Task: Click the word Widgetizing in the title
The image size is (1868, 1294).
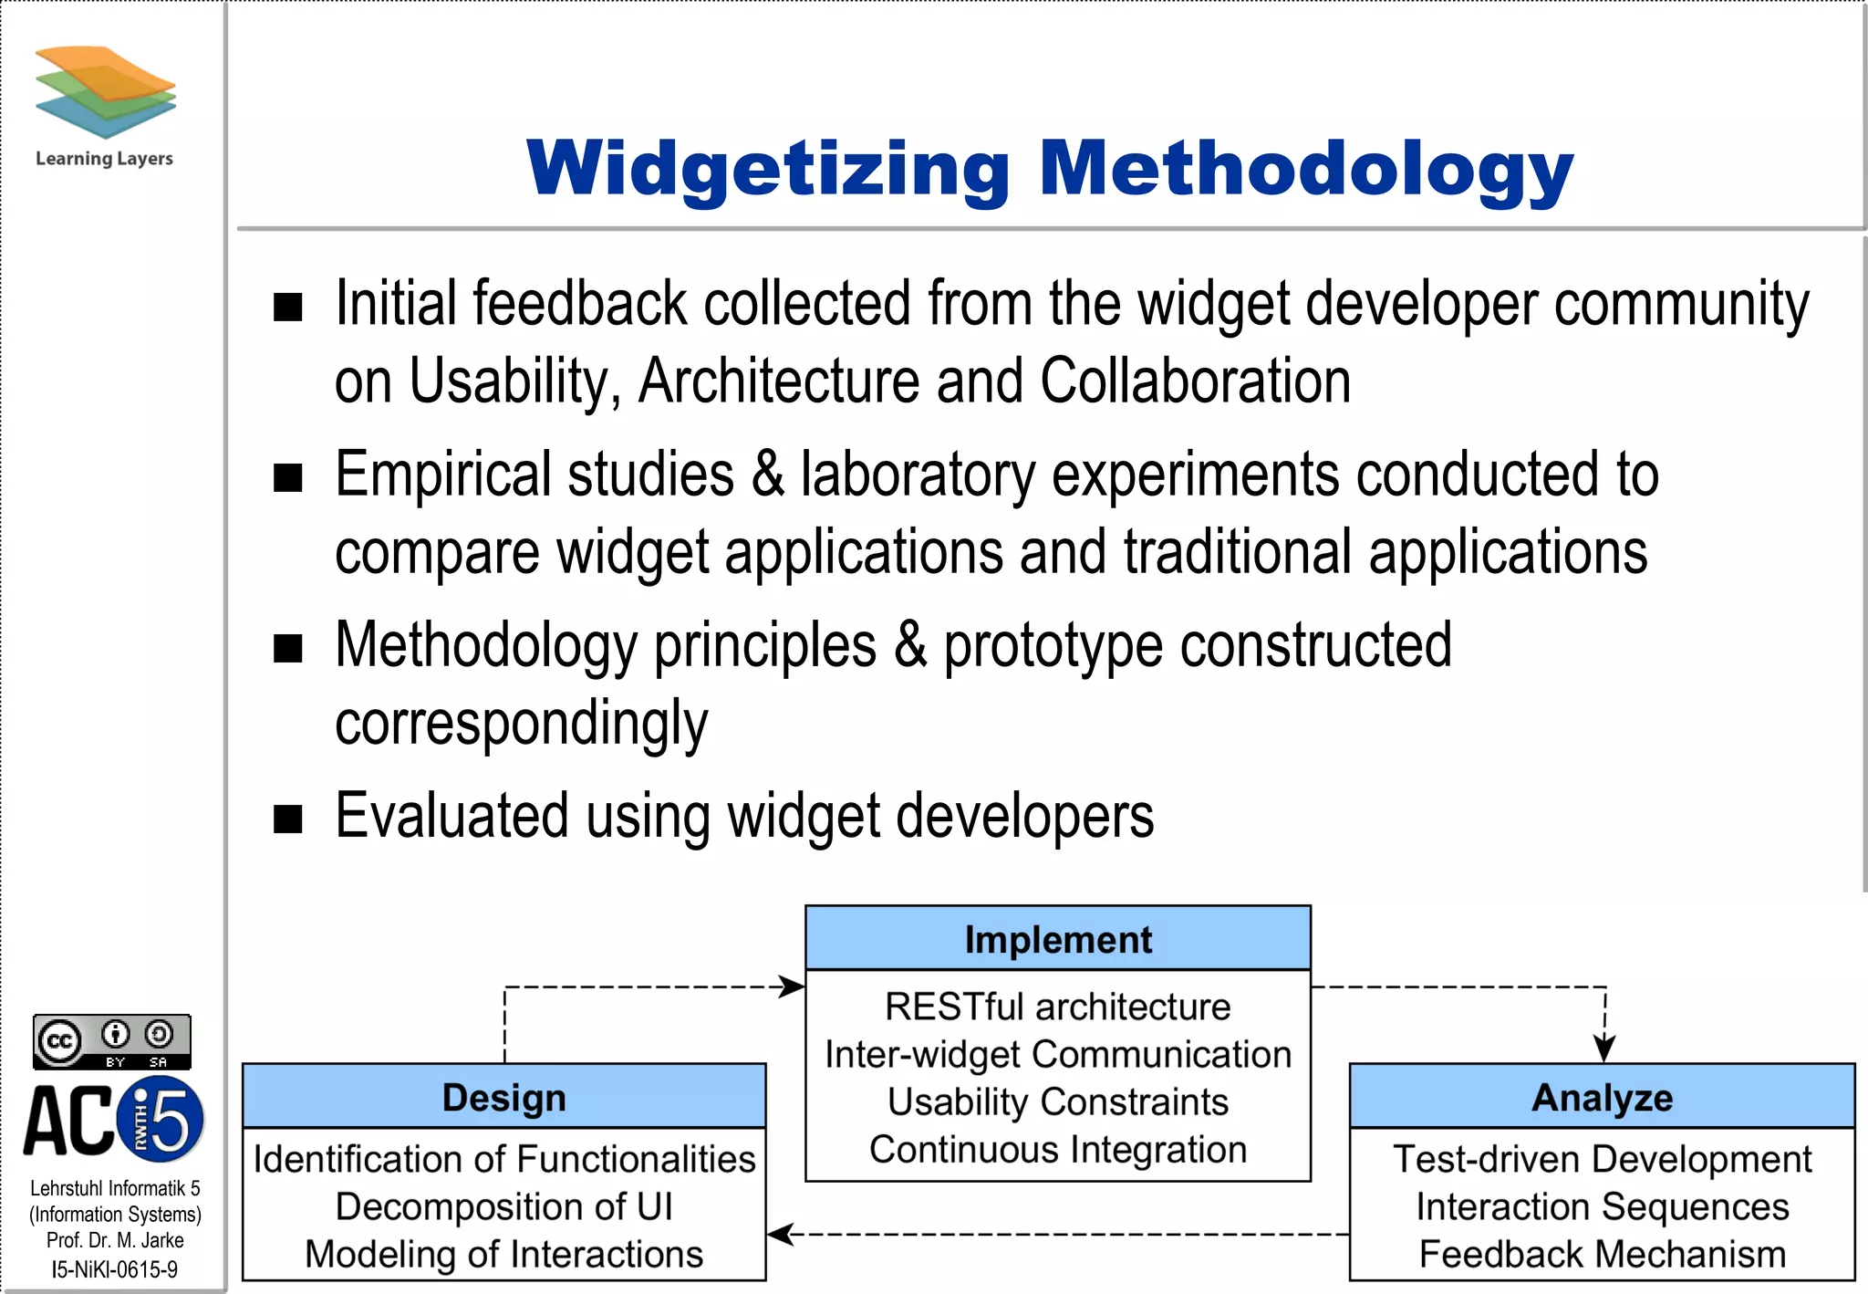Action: click(x=768, y=170)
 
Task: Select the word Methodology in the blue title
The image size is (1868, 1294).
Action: click(x=1306, y=170)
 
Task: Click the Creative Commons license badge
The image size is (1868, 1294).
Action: click(x=112, y=1041)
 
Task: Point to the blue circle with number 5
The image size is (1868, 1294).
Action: click(x=163, y=1119)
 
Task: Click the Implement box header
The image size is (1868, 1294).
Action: click(x=1058, y=939)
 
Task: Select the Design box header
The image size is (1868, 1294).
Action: click(x=503, y=1097)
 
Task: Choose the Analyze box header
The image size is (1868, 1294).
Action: click(x=1602, y=1097)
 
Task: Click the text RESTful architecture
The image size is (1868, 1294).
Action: click(x=1058, y=1007)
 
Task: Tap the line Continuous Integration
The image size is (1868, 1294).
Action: click(x=1058, y=1150)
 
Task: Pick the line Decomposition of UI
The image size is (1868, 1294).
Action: click(x=503, y=1206)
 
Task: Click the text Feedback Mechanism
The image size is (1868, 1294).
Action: click(x=1602, y=1254)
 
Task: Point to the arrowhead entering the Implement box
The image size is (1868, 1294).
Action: click(x=793, y=986)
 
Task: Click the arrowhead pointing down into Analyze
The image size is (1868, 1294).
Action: click(x=1604, y=1049)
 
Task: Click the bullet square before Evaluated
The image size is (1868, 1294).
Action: click(x=288, y=819)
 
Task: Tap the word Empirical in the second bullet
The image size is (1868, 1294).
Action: click(x=444, y=475)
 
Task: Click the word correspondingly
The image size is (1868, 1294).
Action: click(x=521, y=724)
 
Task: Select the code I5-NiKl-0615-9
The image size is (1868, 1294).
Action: click(x=115, y=1269)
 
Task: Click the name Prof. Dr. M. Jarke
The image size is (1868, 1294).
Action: click(x=115, y=1240)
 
